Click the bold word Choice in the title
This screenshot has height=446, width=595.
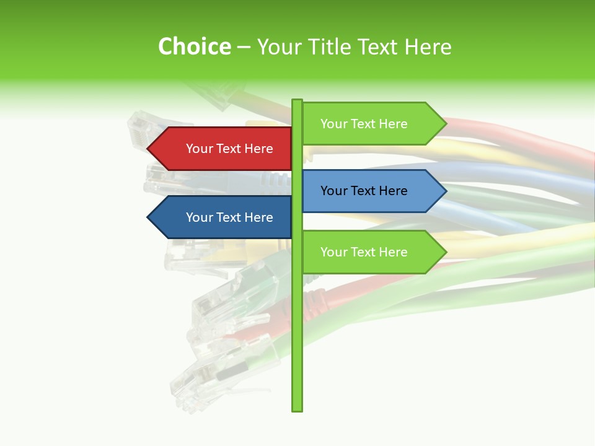pyautogui.click(x=195, y=46)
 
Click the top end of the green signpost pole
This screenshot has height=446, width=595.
pyautogui.click(x=297, y=101)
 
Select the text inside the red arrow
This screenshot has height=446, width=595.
pyautogui.click(x=229, y=149)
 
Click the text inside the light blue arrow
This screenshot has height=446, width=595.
pyautogui.click(x=364, y=191)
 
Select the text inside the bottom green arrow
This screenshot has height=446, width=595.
pyautogui.click(x=364, y=252)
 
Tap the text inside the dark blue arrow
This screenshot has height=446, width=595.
pyautogui.click(x=229, y=217)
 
